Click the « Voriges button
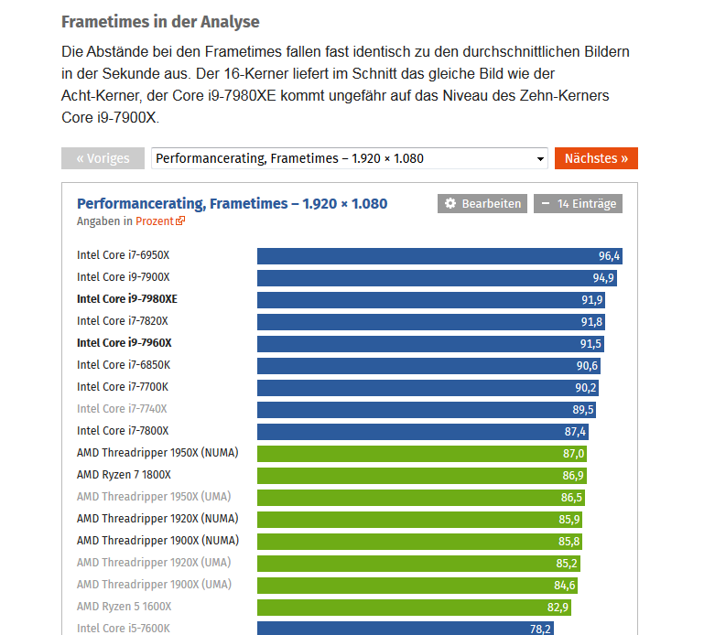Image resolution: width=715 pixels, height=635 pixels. (103, 158)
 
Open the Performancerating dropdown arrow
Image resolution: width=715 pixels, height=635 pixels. (539, 159)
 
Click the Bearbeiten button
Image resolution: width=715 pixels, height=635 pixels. (482, 203)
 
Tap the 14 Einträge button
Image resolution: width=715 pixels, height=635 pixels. (578, 203)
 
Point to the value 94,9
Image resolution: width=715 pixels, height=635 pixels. (603, 277)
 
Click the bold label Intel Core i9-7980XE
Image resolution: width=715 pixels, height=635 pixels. (127, 299)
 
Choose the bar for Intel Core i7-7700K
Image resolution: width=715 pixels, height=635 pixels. (428, 387)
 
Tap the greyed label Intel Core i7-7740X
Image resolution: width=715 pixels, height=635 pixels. (122, 409)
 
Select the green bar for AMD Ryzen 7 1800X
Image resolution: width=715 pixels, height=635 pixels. (421, 475)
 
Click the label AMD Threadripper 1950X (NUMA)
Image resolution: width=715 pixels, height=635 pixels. (157, 453)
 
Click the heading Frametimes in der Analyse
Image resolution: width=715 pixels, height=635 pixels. (160, 21)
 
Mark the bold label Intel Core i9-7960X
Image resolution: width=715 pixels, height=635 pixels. (125, 343)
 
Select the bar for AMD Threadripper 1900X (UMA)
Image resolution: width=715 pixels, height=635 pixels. (417, 585)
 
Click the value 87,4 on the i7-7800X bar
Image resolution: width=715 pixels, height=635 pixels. (575, 431)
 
